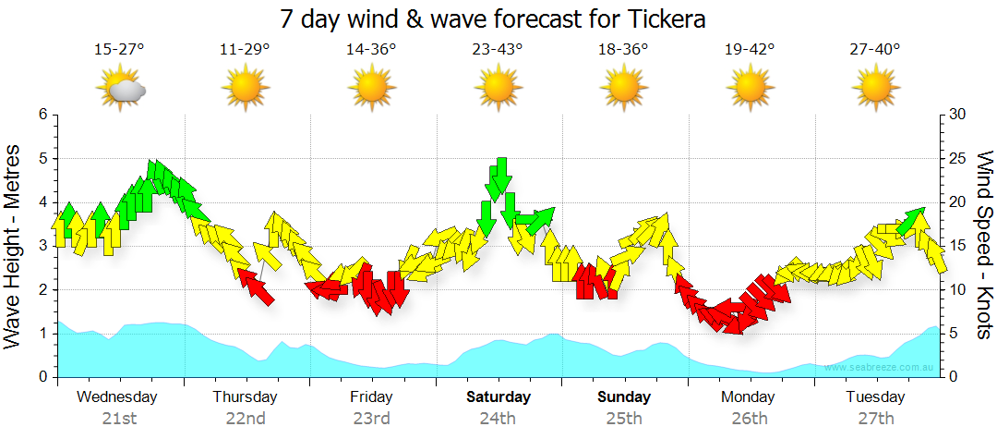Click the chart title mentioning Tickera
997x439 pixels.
[x=498, y=18]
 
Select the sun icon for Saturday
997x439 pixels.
[x=498, y=89]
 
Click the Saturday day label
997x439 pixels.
[x=498, y=397]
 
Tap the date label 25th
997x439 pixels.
[x=624, y=418]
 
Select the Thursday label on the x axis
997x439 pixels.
[x=245, y=397]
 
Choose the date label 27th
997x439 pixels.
[x=875, y=418]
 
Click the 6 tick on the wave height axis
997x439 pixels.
[x=42, y=115]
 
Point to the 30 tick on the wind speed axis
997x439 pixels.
[x=957, y=115]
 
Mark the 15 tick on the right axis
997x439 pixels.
[x=957, y=246]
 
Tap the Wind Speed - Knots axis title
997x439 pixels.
[x=983, y=246]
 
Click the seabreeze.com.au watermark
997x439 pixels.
[x=881, y=368]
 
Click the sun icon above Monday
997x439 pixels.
[x=750, y=89]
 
